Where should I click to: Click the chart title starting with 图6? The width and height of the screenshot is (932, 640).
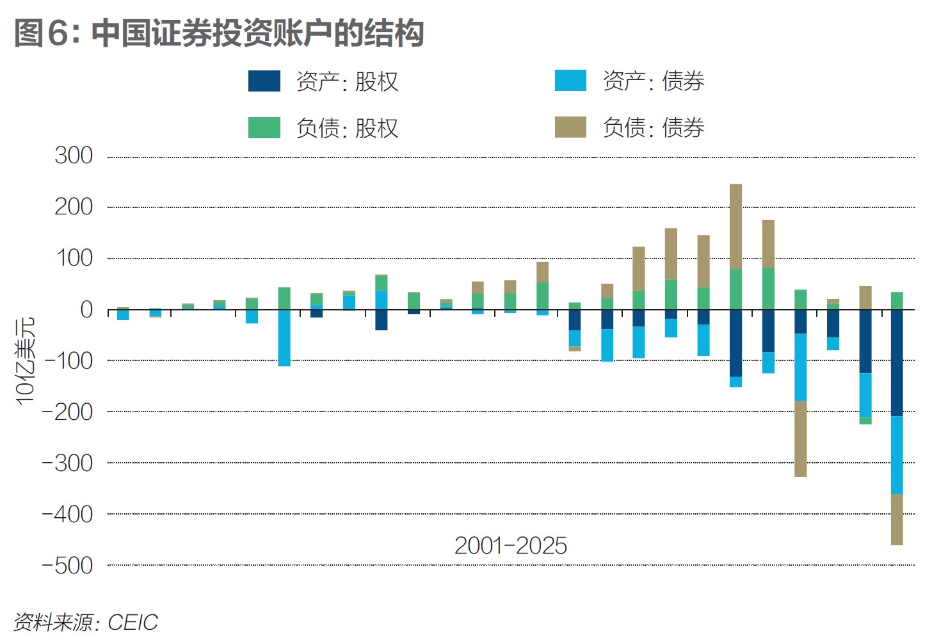pyautogui.click(x=219, y=33)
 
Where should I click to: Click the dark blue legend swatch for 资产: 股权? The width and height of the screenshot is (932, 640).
pyautogui.click(x=264, y=81)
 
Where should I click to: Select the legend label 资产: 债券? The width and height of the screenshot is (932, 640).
pyautogui.click(x=653, y=81)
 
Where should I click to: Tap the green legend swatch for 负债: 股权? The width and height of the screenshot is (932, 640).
pyautogui.click(x=264, y=128)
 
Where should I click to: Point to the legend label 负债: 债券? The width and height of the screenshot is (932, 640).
pyautogui.click(x=653, y=128)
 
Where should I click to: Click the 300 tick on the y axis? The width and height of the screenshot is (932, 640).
pyautogui.click(x=74, y=156)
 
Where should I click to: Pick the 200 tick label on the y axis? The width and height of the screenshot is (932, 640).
pyautogui.click(x=74, y=207)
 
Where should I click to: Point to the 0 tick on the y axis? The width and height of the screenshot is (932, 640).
pyautogui.click(x=86, y=310)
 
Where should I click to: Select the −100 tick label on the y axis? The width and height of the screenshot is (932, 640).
pyautogui.click(x=68, y=361)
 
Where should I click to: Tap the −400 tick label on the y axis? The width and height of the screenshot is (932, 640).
pyautogui.click(x=68, y=515)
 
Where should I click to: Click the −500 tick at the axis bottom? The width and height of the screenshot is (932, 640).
pyautogui.click(x=68, y=566)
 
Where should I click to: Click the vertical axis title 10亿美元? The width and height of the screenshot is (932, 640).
pyautogui.click(x=25, y=361)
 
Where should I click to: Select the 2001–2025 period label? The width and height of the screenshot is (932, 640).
pyautogui.click(x=510, y=546)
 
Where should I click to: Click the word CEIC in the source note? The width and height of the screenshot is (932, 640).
pyautogui.click(x=133, y=623)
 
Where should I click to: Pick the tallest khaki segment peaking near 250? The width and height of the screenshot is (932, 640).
pyautogui.click(x=736, y=227)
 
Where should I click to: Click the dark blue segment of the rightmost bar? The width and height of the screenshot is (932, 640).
pyautogui.click(x=897, y=363)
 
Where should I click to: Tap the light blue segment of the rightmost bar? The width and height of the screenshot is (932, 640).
pyautogui.click(x=897, y=455)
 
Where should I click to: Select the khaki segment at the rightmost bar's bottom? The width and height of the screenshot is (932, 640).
pyautogui.click(x=897, y=520)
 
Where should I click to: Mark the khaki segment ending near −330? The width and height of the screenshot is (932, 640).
pyautogui.click(x=800, y=439)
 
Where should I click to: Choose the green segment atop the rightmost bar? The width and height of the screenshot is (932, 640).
pyautogui.click(x=897, y=301)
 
